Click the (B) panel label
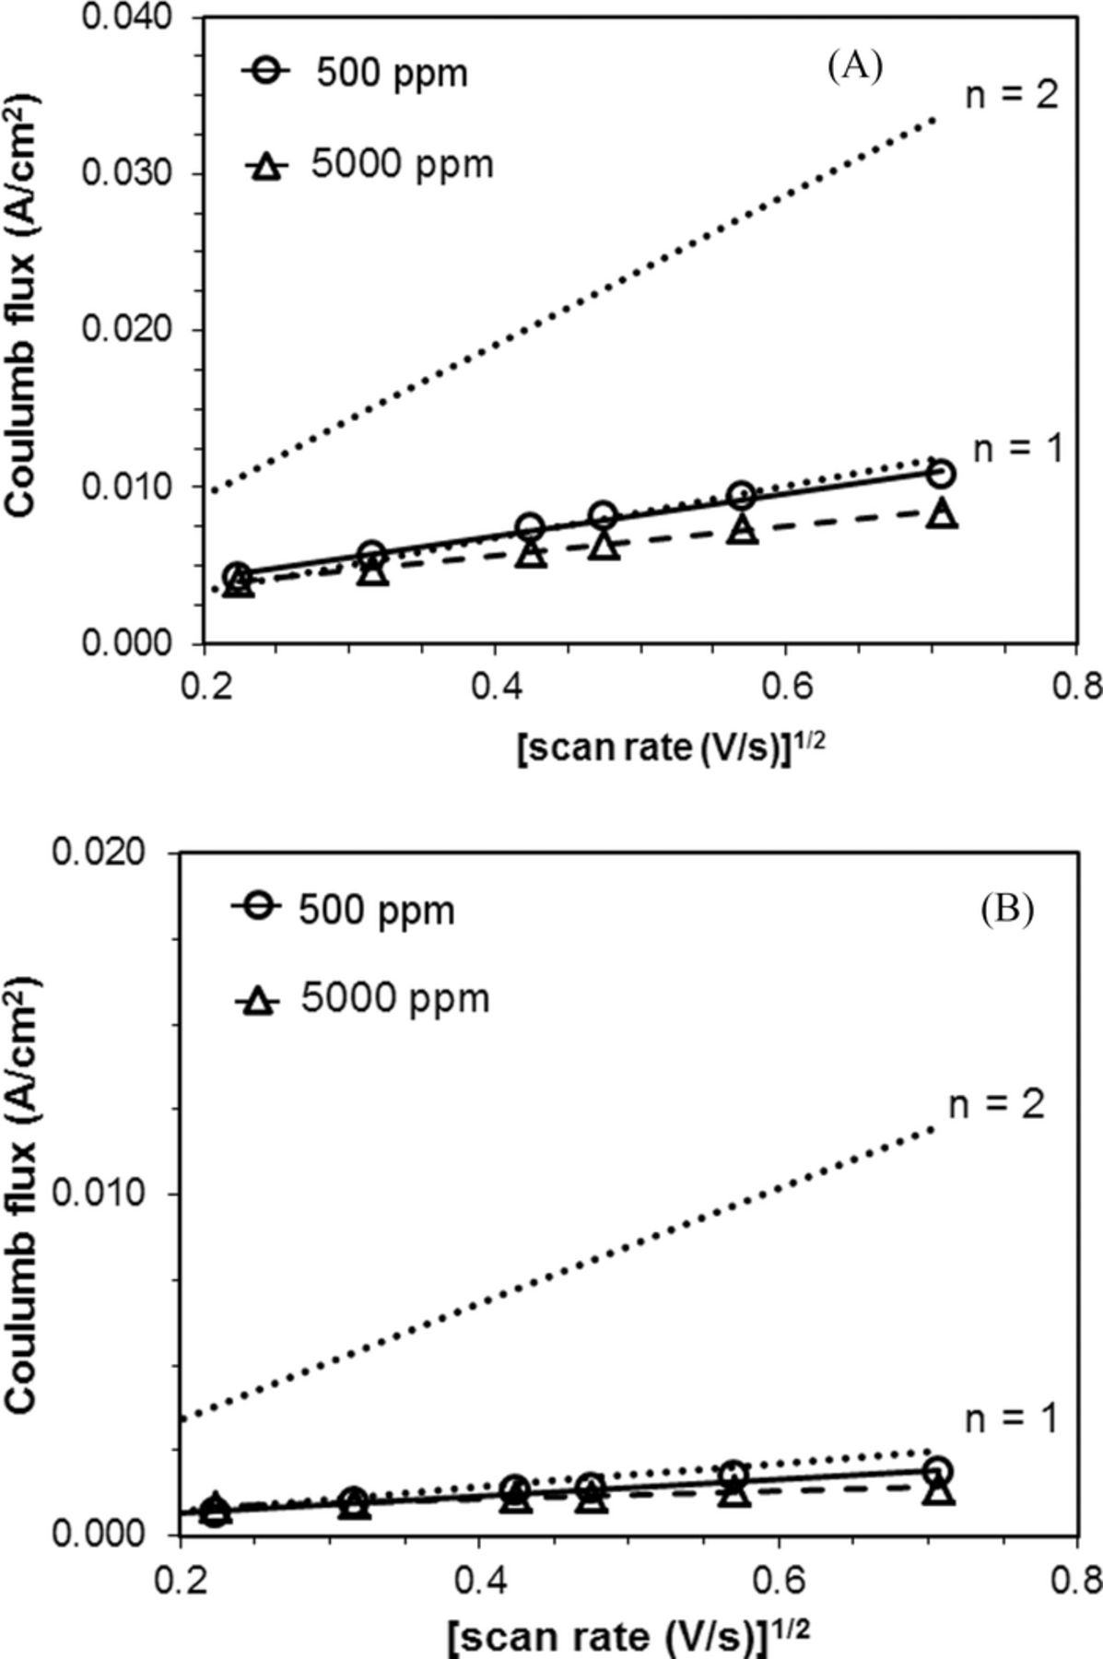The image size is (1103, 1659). tap(1007, 910)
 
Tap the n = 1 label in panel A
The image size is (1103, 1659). tap(1017, 448)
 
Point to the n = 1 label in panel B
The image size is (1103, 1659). tap(1011, 1419)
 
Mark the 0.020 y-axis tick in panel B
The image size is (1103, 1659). tap(99, 853)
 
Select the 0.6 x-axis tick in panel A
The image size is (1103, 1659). tap(783, 688)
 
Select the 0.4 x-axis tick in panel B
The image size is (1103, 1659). tap(478, 1578)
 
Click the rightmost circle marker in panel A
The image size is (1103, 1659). tap(939, 473)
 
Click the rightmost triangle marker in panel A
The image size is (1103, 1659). tap(942, 514)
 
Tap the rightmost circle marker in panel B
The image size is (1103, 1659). tap(938, 1471)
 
